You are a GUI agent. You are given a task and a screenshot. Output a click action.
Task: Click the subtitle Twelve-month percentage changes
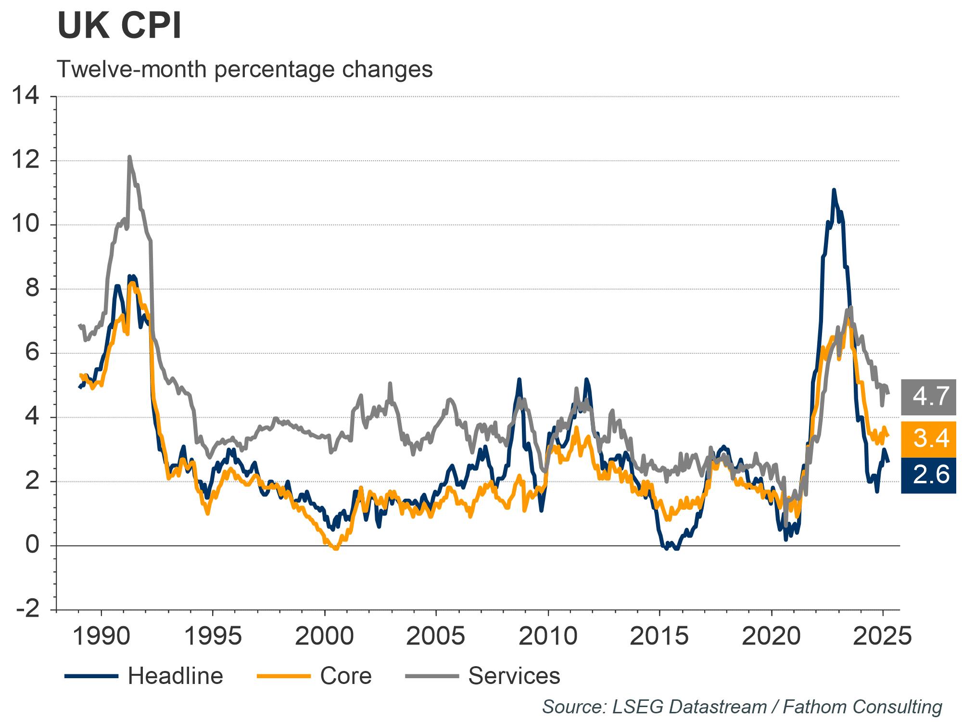245,69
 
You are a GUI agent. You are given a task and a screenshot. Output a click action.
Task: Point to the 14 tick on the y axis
26,96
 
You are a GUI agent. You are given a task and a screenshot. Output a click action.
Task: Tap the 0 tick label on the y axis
33,545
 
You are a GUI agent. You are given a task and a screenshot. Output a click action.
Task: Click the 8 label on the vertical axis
33,289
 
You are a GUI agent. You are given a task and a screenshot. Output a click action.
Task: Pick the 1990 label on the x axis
101,636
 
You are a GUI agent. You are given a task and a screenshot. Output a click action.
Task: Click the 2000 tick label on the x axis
324,636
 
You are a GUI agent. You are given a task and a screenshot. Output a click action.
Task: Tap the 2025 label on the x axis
882,636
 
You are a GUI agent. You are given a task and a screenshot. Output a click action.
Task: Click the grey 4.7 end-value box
928,397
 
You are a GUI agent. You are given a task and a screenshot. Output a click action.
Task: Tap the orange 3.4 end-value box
928,439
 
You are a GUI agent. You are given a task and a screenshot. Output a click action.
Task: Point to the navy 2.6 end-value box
928,475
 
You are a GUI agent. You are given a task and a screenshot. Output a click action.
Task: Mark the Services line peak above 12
129,157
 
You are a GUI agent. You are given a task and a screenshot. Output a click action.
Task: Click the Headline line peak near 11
834,190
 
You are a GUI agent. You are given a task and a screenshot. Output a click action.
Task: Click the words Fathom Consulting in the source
862,707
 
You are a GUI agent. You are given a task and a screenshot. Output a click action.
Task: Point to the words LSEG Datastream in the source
689,707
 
